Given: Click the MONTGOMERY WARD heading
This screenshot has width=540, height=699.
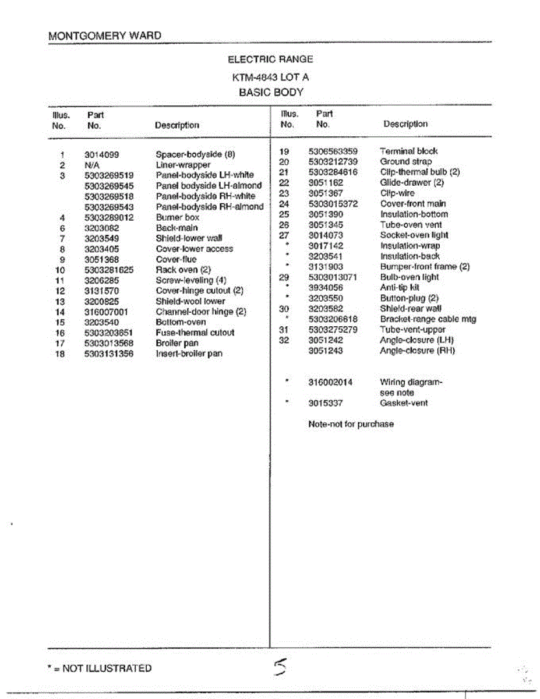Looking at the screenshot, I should click(x=105, y=36).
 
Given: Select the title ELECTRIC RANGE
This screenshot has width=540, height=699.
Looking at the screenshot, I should click(x=270, y=59).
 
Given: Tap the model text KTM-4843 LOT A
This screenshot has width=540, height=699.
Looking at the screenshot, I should click(x=270, y=77).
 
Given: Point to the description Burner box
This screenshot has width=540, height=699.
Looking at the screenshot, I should click(x=177, y=217).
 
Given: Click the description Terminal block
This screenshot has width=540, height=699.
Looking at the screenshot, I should click(x=408, y=151).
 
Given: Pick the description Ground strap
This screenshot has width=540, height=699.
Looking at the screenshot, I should click(x=406, y=161).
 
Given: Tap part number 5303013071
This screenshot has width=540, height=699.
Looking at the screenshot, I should click(x=333, y=277).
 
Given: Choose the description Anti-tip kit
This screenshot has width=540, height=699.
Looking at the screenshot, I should click(x=400, y=288).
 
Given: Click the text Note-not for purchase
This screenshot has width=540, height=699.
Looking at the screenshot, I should click(x=351, y=425).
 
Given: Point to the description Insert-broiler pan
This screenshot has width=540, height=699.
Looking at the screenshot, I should click(x=189, y=354).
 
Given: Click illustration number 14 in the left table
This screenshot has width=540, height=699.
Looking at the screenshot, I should click(x=60, y=312).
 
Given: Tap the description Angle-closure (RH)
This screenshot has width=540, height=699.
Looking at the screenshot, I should click(x=417, y=351).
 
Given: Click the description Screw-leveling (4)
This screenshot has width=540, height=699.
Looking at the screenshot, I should click(x=191, y=280).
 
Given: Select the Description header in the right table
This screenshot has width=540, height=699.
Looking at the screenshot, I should click(x=405, y=124).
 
